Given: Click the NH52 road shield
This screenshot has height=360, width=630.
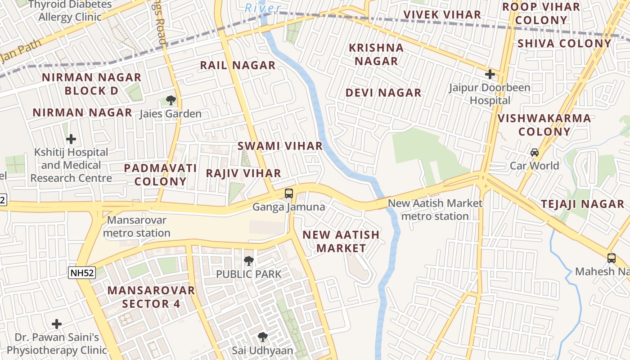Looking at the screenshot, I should pyautogui.click(x=82, y=272).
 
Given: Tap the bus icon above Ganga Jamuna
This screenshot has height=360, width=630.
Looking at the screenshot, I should pyautogui.click(x=289, y=193).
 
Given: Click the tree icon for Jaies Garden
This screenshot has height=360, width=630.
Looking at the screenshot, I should pyautogui.click(x=171, y=100).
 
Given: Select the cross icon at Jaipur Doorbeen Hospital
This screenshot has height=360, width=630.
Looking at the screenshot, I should pyautogui.click(x=490, y=74).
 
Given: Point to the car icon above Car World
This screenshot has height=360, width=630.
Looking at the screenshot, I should pyautogui.click(x=535, y=153).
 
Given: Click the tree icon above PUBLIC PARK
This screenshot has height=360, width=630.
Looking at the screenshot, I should pyautogui.click(x=248, y=261).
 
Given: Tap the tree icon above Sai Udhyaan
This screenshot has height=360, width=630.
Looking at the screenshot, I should pyautogui.click(x=262, y=337).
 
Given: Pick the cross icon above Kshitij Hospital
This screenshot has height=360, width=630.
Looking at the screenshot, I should pyautogui.click(x=71, y=139).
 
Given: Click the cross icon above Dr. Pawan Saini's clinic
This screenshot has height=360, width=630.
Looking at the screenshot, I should pyautogui.click(x=57, y=324).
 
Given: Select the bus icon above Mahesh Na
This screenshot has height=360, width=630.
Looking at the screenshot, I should pyautogui.click(x=611, y=258).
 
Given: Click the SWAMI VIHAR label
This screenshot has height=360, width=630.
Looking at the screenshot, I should pyautogui.click(x=280, y=146).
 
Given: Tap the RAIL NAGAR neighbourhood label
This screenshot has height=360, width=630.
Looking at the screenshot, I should pyautogui.click(x=238, y=65).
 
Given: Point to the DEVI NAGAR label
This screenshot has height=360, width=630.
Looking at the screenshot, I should pyautogui.click(x=383, y=93).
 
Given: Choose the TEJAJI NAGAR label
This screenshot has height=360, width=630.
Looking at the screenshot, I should pyautogui.click(x=582, y=204).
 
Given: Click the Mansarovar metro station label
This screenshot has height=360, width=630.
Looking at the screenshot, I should pyautogui.click(x=137, y=227).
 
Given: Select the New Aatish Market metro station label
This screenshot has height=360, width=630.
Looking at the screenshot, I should pyautogui.click(x=435, y=210).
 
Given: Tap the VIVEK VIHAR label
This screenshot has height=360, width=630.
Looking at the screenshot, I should pyautogui.click(x=442, y=14).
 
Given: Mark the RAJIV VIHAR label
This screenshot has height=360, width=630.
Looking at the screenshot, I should pyautogui.click(x=243, y=173).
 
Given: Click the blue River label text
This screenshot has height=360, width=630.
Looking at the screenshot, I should pyautogui.click(x=263, y=8).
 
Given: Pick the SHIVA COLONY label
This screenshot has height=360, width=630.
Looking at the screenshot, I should pyautogui.click(x=564, y=43).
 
